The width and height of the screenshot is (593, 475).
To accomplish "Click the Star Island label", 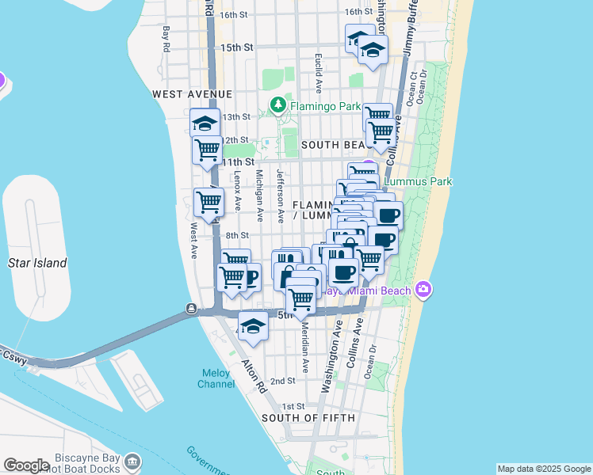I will click(x=37, y=263).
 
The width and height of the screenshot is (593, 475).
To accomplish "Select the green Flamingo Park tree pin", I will click(x=277, y=104).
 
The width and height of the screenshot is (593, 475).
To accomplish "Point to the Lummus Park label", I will click(x=418, y=181).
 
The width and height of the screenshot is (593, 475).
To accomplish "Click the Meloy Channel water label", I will click(x=216, y=378).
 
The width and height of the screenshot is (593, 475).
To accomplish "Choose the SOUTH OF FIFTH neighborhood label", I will click(x=308, y=417).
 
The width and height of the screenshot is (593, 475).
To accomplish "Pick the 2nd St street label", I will click(x=283, y=381).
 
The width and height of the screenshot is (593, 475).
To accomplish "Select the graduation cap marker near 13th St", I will click(x=205, y=123).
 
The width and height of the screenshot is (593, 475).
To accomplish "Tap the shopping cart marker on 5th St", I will click(x=301, y=299).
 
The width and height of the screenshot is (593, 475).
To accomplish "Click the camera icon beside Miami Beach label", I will click(x=423, y=289).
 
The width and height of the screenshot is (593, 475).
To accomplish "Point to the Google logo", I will click(x=26, y=465).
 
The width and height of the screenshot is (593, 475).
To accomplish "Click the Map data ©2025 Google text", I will click(x=544, y=469).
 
